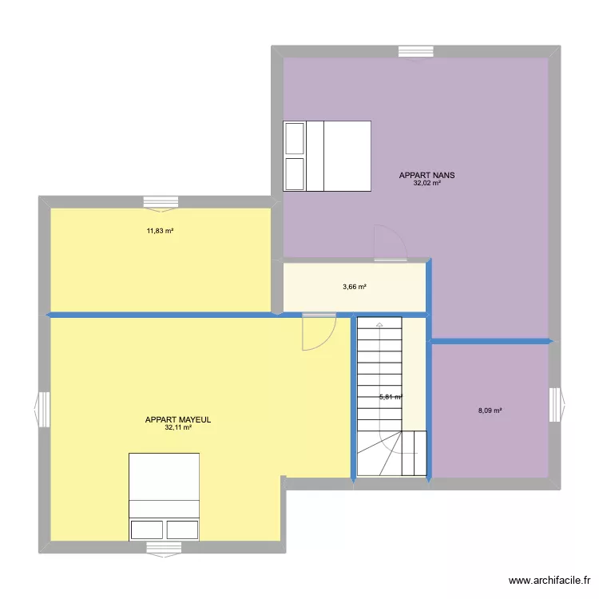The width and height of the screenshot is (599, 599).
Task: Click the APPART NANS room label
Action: coord(426,176)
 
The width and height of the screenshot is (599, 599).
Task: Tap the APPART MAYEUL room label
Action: coord(178,420)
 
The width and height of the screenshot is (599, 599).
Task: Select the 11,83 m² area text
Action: coord(160,231)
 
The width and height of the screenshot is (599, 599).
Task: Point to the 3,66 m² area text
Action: coord(355,287)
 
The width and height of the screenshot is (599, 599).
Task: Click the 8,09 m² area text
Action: coord(490,411)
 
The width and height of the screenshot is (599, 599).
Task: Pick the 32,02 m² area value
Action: coord(427,183)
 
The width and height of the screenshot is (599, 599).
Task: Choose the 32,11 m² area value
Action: coord(178,427)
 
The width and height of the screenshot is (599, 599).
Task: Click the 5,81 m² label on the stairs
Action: coord(391,397)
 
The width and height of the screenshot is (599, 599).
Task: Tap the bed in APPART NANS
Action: coord(327,156)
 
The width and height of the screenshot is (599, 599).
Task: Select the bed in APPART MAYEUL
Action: coord(165,497)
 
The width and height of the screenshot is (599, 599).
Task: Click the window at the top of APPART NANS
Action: coord(416,53)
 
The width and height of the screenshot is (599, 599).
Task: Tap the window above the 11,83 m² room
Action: coord(161,204)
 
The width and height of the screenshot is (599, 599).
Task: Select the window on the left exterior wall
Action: coord(42,409)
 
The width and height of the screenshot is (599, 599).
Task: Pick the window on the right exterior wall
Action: coord(557,405)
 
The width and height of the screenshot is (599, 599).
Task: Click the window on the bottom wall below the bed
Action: coord(164,549)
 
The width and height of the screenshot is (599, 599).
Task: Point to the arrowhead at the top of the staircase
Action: coord(379,325)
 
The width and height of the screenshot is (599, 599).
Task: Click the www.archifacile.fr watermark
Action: coord(549,581)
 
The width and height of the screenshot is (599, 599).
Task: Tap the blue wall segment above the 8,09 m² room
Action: coord(490,341)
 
